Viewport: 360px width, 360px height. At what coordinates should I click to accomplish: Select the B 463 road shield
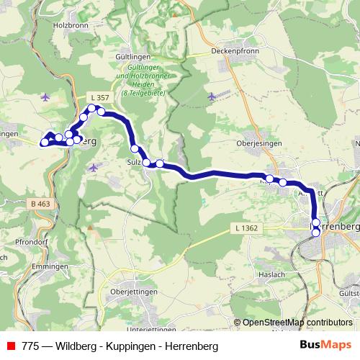(41, 204)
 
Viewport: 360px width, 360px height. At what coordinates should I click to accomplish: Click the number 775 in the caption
(30, 346)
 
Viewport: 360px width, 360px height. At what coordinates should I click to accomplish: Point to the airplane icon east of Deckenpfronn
(211, 96)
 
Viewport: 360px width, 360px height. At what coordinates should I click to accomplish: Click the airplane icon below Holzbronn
(47, 96)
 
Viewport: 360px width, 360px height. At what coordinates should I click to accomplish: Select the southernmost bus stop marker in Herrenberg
(315, 233)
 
